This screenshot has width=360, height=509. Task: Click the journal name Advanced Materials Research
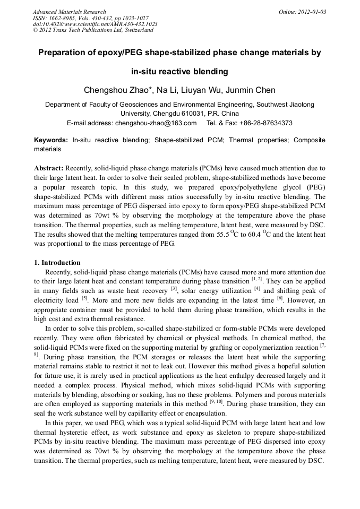click(x=69, y=12)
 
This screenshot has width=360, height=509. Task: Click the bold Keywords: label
click(x=50, y=140)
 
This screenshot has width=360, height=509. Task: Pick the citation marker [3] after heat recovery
click(x=174, y=289)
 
